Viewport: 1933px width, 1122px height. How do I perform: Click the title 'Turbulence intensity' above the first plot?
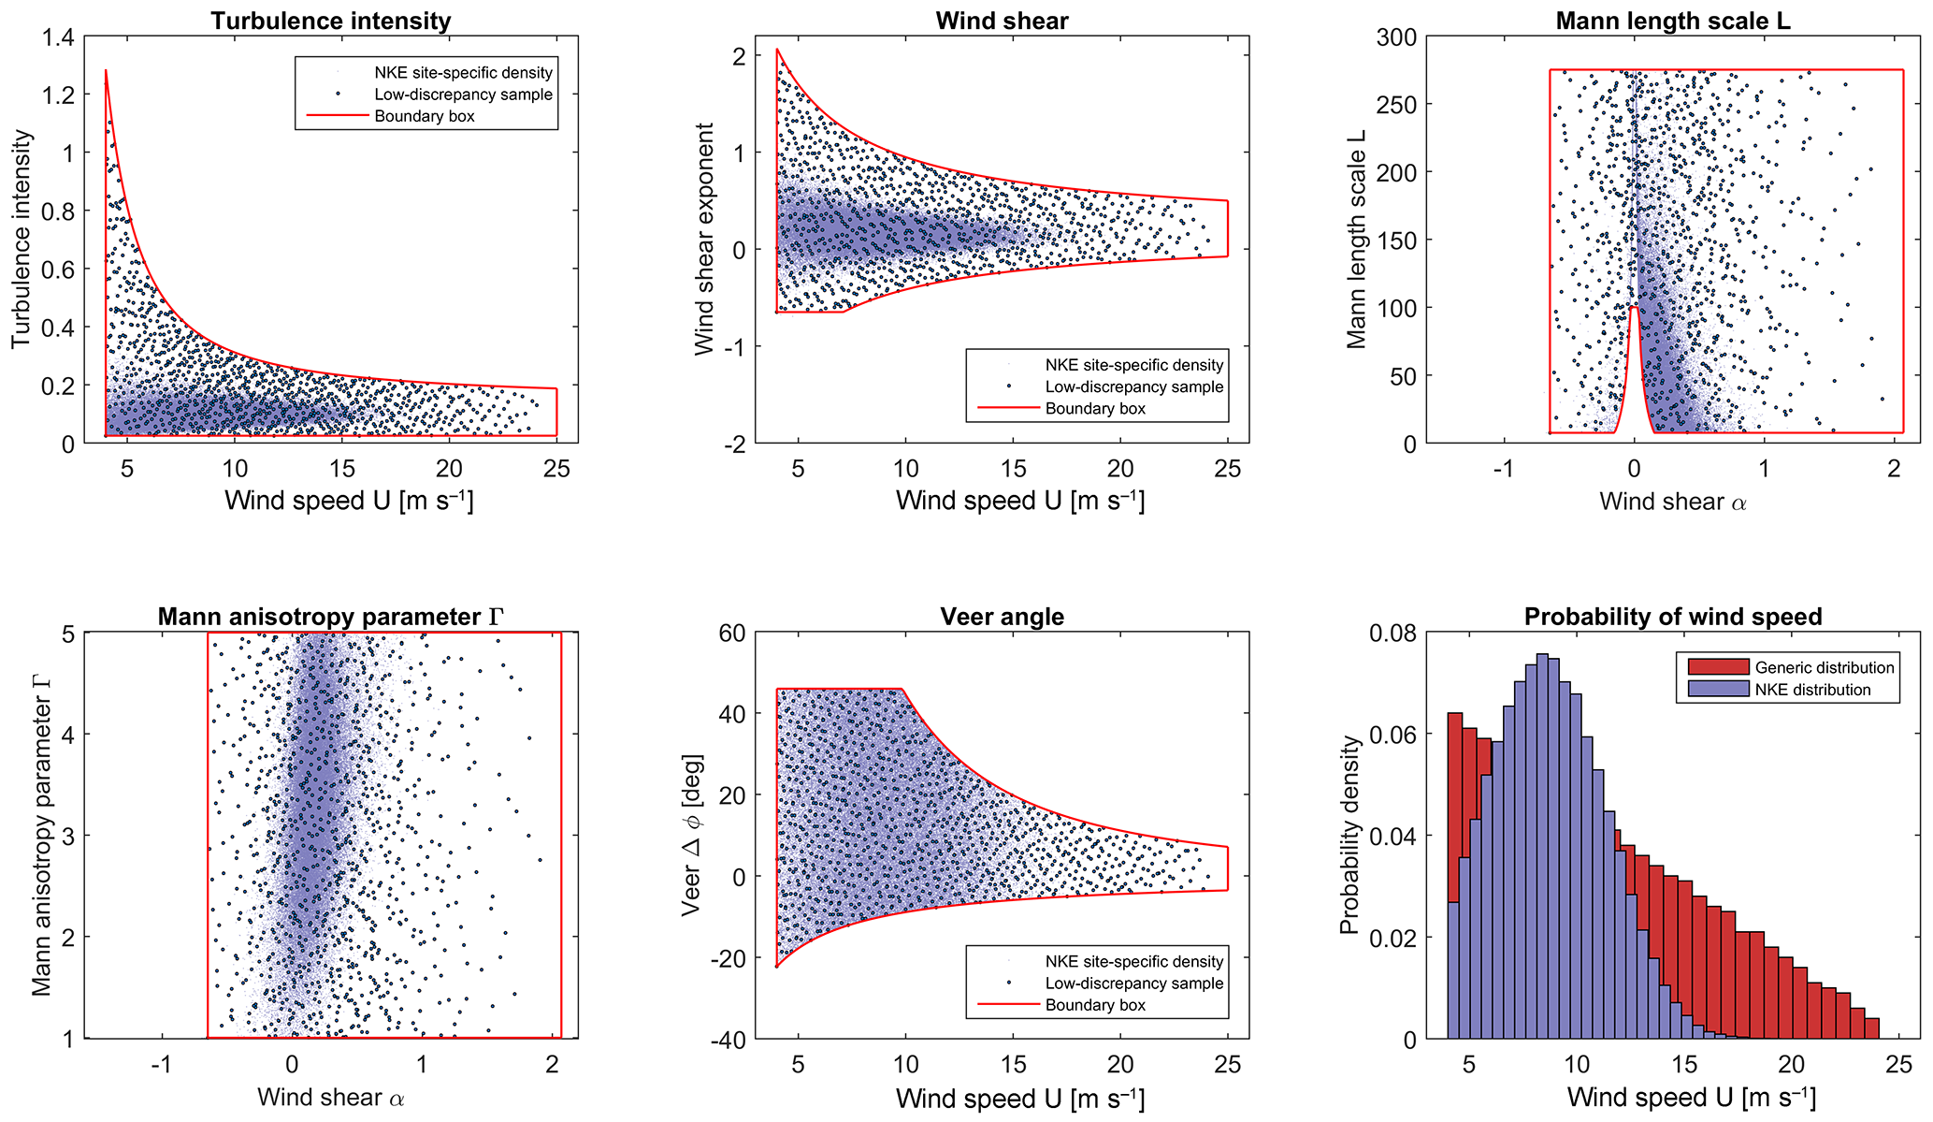click(x=330, y=21)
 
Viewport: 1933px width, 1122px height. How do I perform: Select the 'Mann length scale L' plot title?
click(x=1673, y=21)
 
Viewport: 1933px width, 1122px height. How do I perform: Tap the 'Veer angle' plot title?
click(x=1002, y=617)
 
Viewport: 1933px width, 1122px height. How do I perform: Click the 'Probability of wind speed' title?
click(x=1673, y=617)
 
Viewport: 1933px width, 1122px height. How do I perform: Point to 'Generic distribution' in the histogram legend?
click(x=1824, y=667)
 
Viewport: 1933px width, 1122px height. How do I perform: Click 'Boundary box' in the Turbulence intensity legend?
click(x=425, y=116)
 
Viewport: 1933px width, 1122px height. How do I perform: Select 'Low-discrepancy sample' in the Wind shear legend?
click(x=1133, y=386)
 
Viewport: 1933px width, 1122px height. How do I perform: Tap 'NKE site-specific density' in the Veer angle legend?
click(x=1133, y=961)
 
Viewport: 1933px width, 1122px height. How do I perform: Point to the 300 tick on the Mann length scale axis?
click(x=1395, y=37)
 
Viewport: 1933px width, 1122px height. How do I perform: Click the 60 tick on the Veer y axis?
click(x=731, y=634)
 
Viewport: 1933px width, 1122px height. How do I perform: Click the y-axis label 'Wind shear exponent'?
click(x=704, y=239)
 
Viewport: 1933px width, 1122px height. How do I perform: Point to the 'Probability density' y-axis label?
click(x=1348, y=835)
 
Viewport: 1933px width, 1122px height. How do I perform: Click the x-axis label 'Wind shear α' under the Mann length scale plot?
click(x=1673, y=502)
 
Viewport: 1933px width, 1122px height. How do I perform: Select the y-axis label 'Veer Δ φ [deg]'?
click(x=691, y=835)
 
